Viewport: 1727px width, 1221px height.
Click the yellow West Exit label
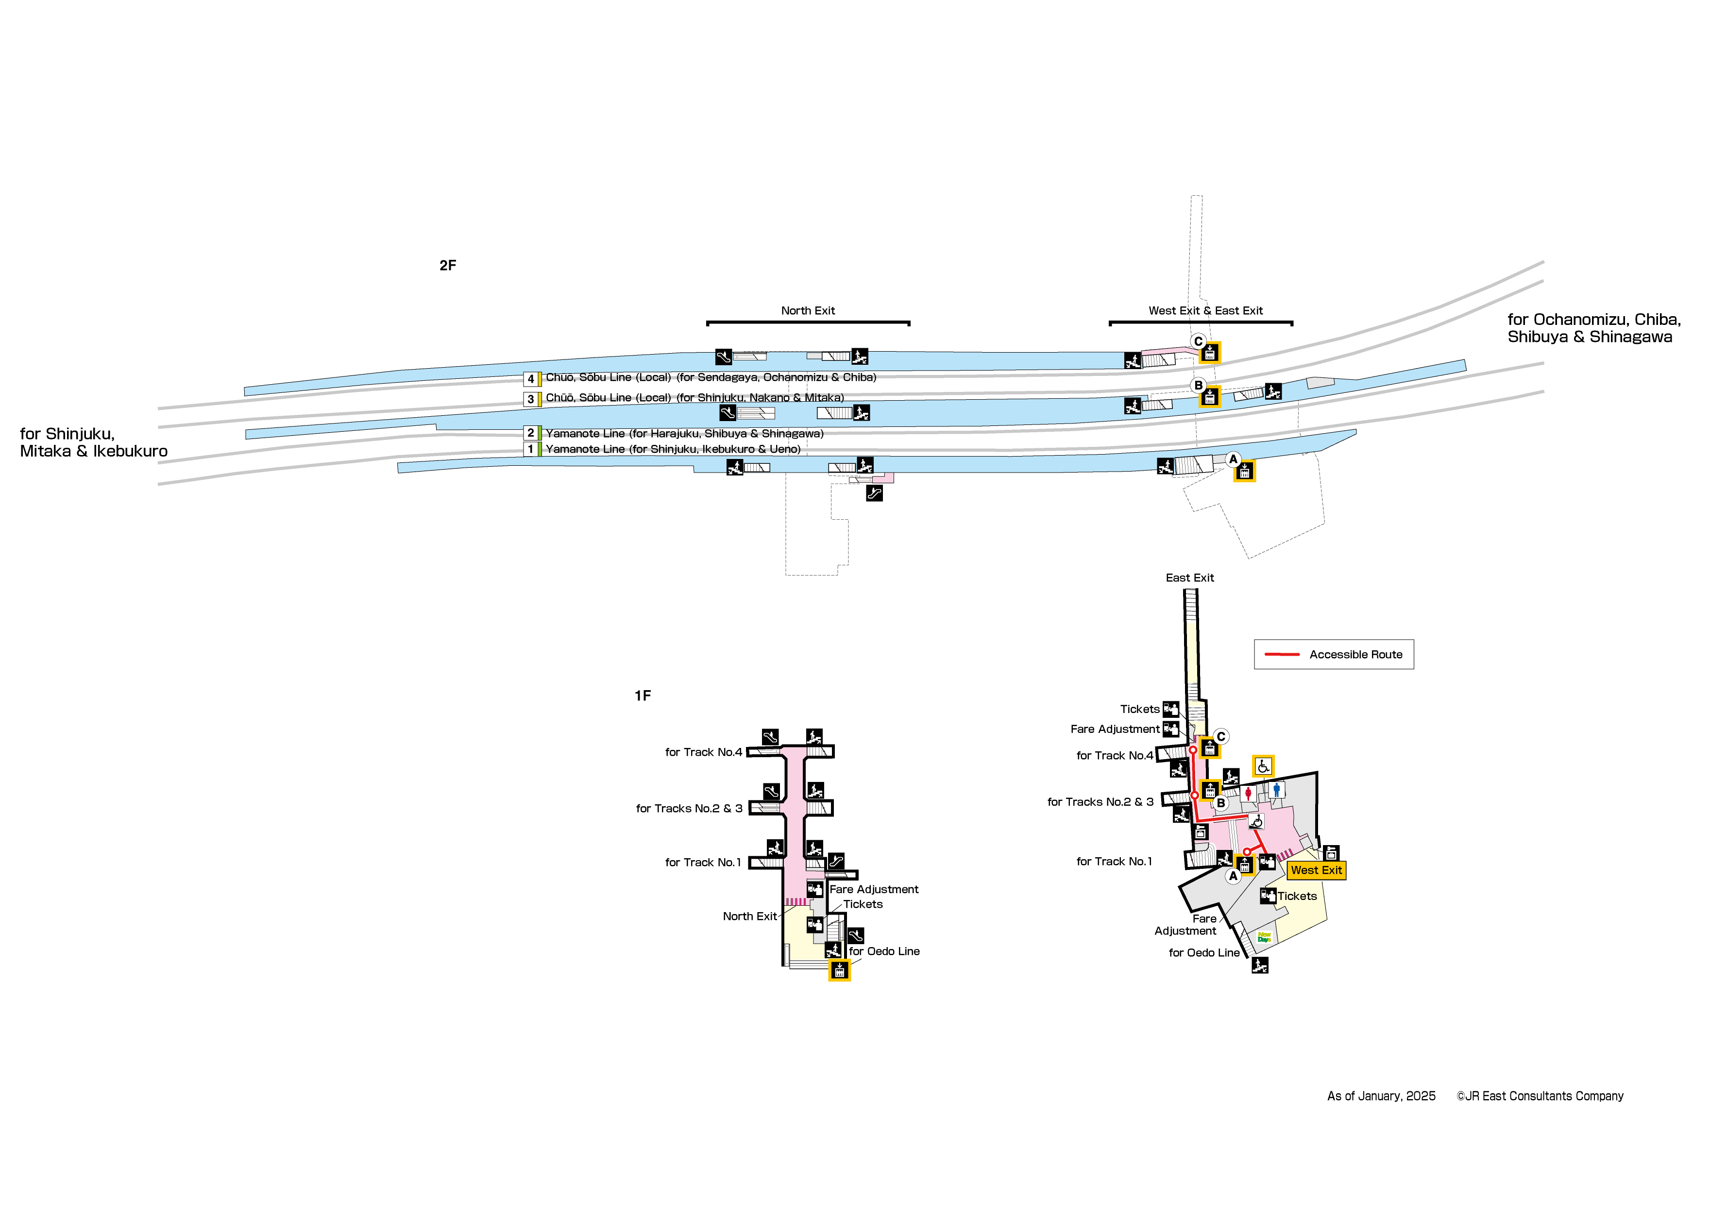(1316, 870)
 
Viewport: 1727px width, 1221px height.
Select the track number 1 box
(530, 449)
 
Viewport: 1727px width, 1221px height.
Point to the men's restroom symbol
(1276, 790)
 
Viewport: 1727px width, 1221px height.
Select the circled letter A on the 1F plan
(1233, 876)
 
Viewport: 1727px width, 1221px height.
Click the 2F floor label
(448, 266)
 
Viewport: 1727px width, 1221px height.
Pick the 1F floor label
(643, 696)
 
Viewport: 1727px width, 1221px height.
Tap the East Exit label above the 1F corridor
(1189, 578)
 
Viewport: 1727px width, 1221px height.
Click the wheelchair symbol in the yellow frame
(1263, 766)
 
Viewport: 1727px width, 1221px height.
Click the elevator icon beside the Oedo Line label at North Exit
(839, 970)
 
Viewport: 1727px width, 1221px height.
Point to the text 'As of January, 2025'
(1381, 1096)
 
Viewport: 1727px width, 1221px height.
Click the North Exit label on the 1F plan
(749, 916)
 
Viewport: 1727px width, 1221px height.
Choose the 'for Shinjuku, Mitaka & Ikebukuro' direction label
(93, 442)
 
